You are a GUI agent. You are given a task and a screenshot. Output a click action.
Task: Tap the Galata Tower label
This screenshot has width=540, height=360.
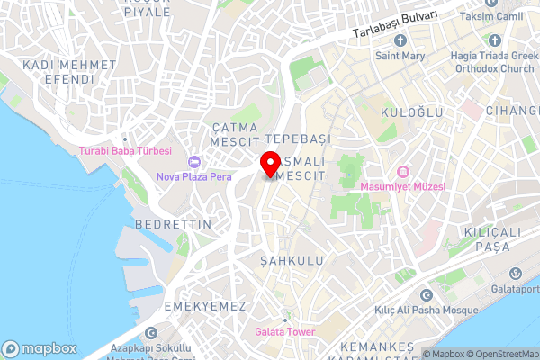[x=284, y=332]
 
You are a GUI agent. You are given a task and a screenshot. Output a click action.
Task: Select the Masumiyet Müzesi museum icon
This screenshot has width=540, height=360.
[x=402, y=171]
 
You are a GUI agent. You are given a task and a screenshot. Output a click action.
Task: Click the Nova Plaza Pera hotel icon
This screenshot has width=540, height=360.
[x=193, y=162]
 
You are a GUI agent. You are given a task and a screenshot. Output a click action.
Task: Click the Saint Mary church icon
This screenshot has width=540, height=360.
[x=400, y=40]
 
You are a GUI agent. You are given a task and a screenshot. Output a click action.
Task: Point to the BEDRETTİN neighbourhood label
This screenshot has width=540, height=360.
[x=173, y=223]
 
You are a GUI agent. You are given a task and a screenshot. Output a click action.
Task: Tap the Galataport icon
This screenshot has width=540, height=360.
[x=515, y=274]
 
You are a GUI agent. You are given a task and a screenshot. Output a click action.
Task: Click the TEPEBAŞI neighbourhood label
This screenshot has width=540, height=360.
[x=300, y=138]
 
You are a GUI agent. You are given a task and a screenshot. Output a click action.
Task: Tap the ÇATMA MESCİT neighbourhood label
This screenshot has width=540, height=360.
[x=235, y=135]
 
